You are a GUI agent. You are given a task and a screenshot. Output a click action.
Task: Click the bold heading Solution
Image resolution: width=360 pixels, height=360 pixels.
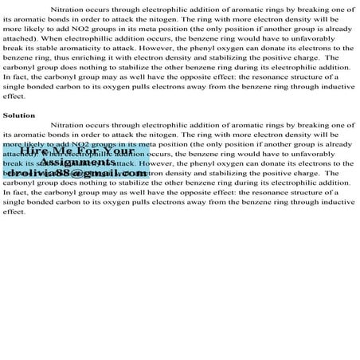pos(19,115)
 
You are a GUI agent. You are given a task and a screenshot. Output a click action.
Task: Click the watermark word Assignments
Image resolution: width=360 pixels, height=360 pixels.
pos(76,162)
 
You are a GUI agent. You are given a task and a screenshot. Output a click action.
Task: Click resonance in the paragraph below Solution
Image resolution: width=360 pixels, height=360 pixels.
pos(261,193)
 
